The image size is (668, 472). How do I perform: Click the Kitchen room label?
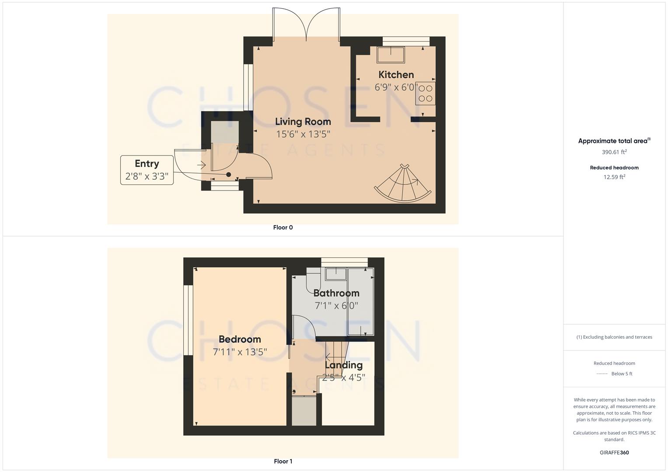[396, 75]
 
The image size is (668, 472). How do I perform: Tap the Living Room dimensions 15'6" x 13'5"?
[303, 134]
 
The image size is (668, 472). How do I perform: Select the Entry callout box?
[147, 170]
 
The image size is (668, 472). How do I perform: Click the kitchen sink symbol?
[391, 55]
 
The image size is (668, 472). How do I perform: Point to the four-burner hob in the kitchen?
[426, 94]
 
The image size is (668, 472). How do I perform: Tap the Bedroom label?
[240, 339]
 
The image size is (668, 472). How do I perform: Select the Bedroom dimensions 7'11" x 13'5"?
[240, 352]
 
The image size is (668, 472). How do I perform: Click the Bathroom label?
[336, 293]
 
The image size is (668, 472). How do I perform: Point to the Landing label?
[344, 365]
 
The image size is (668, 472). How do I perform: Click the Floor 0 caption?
[283, 227]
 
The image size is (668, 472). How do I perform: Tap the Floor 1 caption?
[283, 461]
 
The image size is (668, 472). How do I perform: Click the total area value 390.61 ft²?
[614, 152]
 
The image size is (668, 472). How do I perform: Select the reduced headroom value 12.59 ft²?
[614, 177]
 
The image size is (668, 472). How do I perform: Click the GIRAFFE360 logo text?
[614, 452]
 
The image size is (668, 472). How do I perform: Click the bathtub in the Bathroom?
[361, 302]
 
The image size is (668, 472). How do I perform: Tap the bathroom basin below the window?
[336, 274]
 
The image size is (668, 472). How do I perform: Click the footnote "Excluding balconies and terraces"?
[614, 337]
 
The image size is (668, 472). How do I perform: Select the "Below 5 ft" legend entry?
[621, 374]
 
